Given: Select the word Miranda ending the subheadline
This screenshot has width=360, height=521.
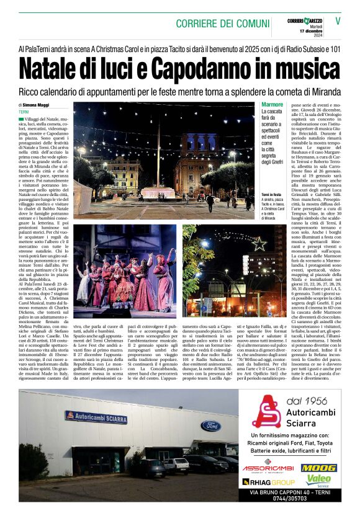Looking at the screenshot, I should [324, 91].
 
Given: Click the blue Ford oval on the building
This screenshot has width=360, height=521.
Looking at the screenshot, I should [210, 425].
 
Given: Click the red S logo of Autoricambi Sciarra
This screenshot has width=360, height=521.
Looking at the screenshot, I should [266, 412].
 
